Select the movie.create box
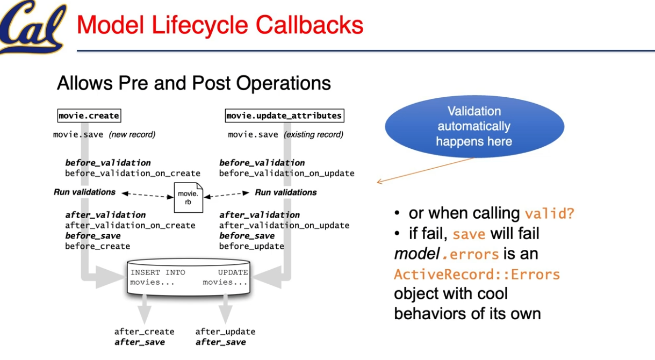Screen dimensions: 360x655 89,116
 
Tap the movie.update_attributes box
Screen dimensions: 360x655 284,116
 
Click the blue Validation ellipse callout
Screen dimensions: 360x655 474,127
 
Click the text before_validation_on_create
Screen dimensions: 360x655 133,173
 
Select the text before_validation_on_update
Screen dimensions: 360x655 286,173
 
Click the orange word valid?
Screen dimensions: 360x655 549,213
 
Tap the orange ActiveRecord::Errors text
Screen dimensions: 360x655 477,275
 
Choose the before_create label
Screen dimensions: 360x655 97,246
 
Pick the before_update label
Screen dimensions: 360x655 251,246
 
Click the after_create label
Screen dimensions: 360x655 144,332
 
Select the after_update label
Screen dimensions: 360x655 225,332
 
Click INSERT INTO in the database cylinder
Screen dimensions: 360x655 158,272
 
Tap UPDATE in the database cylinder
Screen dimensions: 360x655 233,272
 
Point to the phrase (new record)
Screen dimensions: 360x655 132,134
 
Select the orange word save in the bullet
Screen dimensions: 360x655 469,234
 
